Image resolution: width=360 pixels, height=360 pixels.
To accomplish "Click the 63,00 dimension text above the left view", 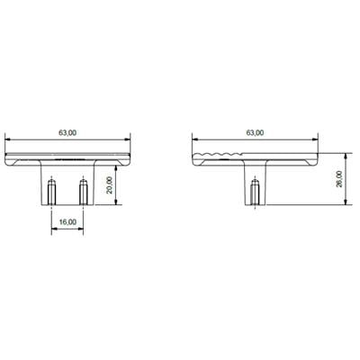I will coord(67,132).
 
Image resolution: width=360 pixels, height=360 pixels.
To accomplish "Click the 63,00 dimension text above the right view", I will coord(255,132).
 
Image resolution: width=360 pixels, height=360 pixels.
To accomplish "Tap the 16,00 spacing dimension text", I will coord(67,221).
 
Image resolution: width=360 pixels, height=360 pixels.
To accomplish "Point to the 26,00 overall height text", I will coord(338,181).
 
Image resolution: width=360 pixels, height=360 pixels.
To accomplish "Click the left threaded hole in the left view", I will coord(52,192).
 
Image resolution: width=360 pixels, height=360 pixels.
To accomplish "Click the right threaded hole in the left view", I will coord(83,192).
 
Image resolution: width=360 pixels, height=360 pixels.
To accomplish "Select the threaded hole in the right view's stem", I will coord(255,193).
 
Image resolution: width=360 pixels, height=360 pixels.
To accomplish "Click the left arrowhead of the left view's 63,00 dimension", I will coord(9,139).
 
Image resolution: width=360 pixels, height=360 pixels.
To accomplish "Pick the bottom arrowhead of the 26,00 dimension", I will coord(345,205).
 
